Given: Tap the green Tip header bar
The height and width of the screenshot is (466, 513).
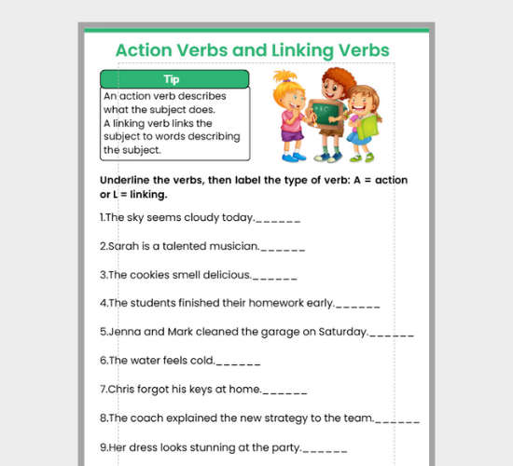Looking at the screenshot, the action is pos(173,79).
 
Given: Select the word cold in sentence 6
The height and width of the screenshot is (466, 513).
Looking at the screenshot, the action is pos(202,360).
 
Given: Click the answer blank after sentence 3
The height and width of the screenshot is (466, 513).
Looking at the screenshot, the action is pos(275,278).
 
